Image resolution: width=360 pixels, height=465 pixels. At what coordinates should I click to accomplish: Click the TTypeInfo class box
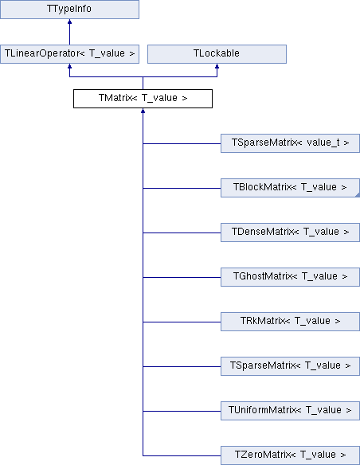[x=69, y=10]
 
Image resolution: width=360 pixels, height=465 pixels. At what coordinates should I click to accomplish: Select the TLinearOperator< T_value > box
[x=69, y=54]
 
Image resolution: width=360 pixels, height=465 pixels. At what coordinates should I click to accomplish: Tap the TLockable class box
[x=217, y=54]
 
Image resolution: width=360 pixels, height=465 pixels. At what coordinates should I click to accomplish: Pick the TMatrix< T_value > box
[x=143, y=99]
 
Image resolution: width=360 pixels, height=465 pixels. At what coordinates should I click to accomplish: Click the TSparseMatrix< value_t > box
[x=291, y=143]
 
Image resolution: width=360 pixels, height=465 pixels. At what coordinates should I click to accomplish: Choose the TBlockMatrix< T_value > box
[x=291, y=188]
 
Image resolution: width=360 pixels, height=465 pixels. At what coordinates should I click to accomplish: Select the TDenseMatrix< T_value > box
[x=291, y=232]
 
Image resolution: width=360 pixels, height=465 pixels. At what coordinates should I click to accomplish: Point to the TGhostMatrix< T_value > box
[x=291, y=277]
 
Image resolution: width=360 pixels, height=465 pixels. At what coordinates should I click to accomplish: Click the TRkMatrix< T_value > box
[x=291, y=322]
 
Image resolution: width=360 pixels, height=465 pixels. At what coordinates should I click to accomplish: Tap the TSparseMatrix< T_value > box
[x=291, y=366]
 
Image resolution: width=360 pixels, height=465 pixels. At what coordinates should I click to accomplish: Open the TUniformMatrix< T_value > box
[x=291, y=411]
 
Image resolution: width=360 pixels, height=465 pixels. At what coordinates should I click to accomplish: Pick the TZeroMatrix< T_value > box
[x=291, y=455]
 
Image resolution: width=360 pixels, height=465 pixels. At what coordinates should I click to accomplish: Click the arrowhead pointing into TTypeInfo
[x=69, y=21]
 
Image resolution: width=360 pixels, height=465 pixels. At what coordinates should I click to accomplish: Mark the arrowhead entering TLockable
[x=217, y=66]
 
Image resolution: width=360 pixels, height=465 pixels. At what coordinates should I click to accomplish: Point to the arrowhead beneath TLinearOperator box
[x=69, y=66]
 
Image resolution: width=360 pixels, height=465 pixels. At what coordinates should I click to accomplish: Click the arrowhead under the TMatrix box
[x=143, y=111]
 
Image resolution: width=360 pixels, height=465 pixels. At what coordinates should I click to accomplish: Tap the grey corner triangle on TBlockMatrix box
[x=358, y=195]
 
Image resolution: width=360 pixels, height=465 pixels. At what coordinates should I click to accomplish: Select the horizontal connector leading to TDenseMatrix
[x=182, y=232]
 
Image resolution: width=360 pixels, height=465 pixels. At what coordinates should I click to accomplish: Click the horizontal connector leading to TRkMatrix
[x=182, y=322]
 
